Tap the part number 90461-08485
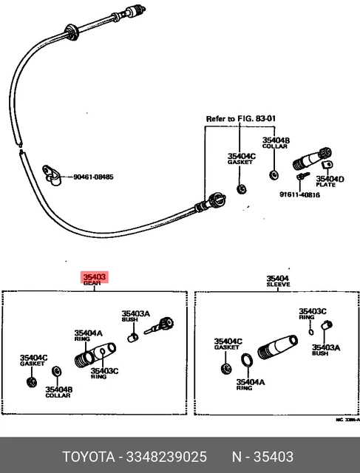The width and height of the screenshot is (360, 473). click(x=93, y=177)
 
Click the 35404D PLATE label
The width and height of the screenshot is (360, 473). click(x=330, y=182)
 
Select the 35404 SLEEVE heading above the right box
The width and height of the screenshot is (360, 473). click(x=278, y=282)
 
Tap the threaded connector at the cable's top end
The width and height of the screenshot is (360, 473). click(x=133, y=12)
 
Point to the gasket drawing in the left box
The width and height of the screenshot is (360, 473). click(x=31, y=381)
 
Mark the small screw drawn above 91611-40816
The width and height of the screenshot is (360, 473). click(x=302, y=178)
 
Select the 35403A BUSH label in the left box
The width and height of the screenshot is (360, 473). click(x=136, y=316)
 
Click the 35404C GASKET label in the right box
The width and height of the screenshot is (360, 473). click(x=227, y=344)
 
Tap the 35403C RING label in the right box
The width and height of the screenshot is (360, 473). click(x=312, y=313)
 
